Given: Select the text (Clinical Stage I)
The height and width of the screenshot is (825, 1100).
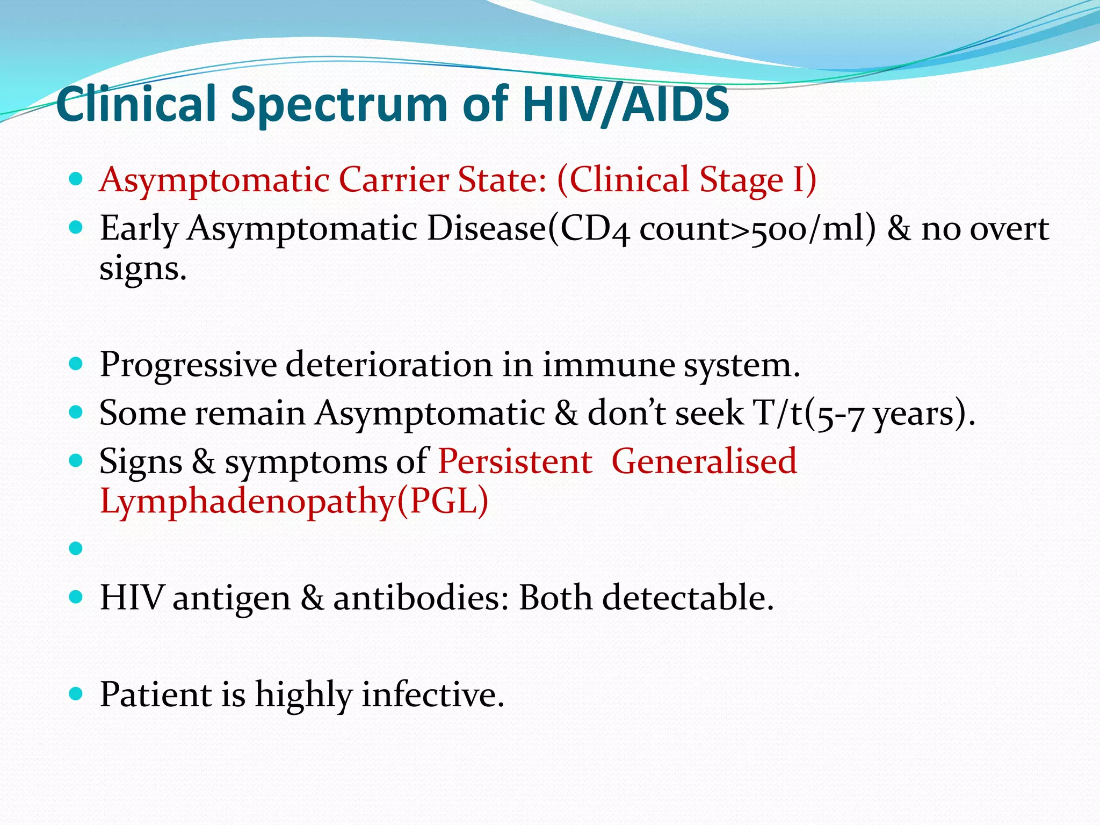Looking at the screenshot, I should tap(686, 180).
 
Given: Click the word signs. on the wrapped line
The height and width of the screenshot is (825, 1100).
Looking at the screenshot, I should tap(143, 269).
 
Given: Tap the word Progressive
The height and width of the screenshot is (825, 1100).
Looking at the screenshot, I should tap(188, 365).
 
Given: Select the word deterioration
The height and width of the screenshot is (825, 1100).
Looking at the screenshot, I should tap(388, 365).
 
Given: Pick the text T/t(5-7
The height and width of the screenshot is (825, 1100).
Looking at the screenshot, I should tap(809, 414).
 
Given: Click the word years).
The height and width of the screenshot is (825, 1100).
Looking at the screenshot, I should tap(924, 414).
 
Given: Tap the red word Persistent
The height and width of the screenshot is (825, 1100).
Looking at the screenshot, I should tap(515, 462).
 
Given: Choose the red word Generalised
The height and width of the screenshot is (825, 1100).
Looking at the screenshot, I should tap(704, 462).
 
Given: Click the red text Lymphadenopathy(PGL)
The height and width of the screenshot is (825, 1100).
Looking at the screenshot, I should tap(294, 502).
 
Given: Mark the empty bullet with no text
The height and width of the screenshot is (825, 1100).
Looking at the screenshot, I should tap(76, 548).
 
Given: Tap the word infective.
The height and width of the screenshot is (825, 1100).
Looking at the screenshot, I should tap(433, 695).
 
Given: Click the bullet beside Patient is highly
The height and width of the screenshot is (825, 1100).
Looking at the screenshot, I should tap(76, 694).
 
